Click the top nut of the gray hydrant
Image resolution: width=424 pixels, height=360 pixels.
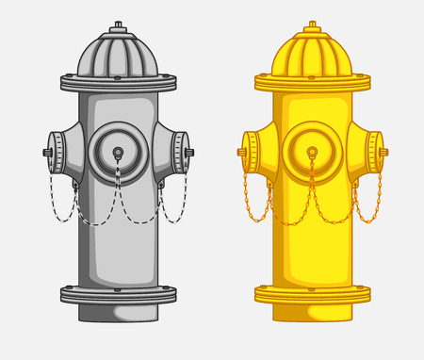(118, 25)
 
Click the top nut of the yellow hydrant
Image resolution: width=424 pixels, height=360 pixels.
(311, 25)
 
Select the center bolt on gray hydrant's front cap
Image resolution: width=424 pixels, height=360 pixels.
(118, 152)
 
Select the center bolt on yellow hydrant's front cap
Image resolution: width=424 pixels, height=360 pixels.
(311, 152)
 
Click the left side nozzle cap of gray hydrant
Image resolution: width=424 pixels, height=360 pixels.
(52, 151)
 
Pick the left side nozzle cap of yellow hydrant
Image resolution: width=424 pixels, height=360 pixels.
(247, 151)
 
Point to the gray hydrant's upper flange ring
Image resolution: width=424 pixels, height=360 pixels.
(118, 83)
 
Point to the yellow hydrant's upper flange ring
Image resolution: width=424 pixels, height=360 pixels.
(311, 83)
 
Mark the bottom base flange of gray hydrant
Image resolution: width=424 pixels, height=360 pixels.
(118, 295)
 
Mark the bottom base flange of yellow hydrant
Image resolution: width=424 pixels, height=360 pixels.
(311, 295)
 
